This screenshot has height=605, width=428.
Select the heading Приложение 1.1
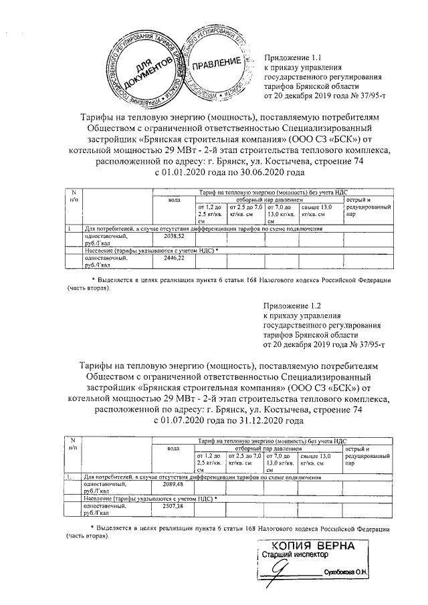point(294,59)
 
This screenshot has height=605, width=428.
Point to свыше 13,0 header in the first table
point(318,208)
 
